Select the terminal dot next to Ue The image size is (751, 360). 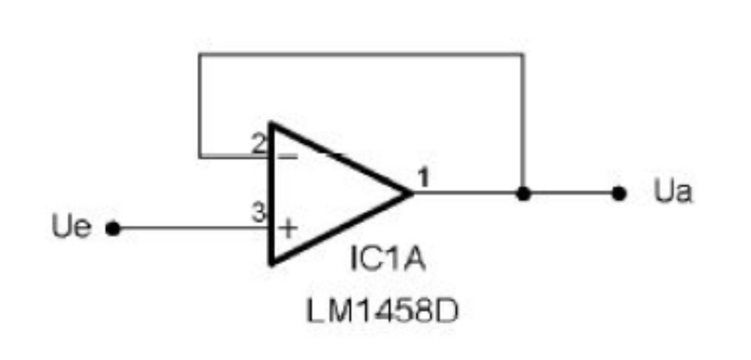(113, 228)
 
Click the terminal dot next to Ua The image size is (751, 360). (619, 194)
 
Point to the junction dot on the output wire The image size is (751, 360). (523, 194)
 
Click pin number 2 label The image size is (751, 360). (259, 144)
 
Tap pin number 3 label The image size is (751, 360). (259, 212)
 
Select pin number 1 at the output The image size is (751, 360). (424, 177)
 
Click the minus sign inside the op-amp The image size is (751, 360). (288, 157)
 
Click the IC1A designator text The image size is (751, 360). (387, 258)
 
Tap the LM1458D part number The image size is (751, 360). (382, 311)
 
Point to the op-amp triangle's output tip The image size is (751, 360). (412, 193)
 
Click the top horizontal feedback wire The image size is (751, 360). (361, 54)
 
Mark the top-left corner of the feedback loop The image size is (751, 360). (200, 54)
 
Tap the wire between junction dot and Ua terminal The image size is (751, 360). (571, 193)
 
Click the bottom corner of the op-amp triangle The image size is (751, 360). (271, 264)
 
